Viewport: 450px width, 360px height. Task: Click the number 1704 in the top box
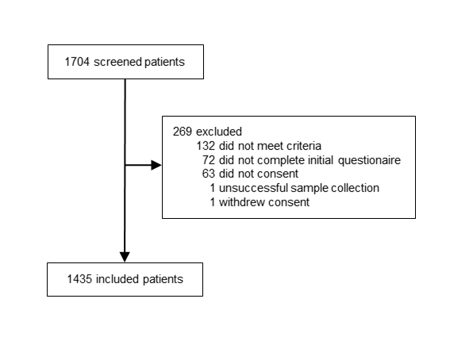pyautogui.click(x=77, y=62)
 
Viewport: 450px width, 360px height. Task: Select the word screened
pyautogui.click(x=118, y=62)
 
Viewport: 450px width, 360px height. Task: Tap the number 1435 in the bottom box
pyautogui.click(x=79, y=279)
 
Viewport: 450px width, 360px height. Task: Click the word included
pyautogui.click(x=117, y=279)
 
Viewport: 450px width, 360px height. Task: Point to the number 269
pyautogui.click(x=183, y=132)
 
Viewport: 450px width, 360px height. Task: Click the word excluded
pyautogui.click(x=219, y=132)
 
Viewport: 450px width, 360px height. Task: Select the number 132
pyautogui.click(x=206, y=146)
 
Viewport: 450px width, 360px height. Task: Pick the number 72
pyautogui.click(x=209, y=160)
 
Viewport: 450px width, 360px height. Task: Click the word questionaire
pyautogui.click(x=369, y=160)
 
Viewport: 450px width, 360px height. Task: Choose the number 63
pyautogui.click(x=209, y=174)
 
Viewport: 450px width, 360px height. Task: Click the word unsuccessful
pyautogui.click(x=253, y=188)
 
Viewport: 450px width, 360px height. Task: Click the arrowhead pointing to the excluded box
pyautogui.click(x=156, y=165)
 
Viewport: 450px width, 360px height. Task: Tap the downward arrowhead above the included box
pyautogui.click(x=125, y=257)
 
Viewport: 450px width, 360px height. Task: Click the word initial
pyautogui.click(x=321, y=160)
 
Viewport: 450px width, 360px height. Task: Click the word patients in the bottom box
pyautogui.click(x=163, y=279)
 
